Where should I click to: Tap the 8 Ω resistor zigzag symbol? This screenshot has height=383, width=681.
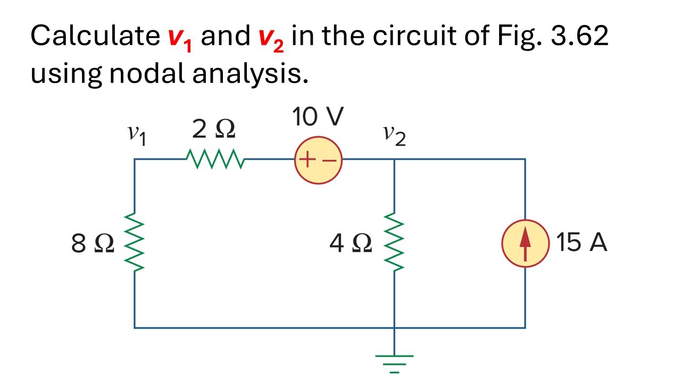pos(134,242)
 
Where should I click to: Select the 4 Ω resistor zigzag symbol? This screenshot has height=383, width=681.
pos(394,242)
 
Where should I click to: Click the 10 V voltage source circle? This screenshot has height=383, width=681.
pos(318,160)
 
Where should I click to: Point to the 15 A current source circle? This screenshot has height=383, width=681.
pos(525,243)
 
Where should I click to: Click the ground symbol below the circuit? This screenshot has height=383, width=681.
pos(394,364)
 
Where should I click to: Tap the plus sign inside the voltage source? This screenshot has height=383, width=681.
pos(307,159)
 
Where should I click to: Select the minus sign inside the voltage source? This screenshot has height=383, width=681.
pos(329,160)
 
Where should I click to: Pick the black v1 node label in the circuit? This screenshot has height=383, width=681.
pos(137,136)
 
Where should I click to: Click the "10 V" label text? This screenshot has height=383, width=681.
pos(318,116)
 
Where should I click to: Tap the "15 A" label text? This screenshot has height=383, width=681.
pos(582,242)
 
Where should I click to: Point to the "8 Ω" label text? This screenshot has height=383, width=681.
pos(93,243)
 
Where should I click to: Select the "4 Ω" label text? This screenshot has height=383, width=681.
pos(351,243)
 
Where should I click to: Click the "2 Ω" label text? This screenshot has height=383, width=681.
pos(214,129)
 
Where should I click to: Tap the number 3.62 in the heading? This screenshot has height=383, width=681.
pos(579,36)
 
